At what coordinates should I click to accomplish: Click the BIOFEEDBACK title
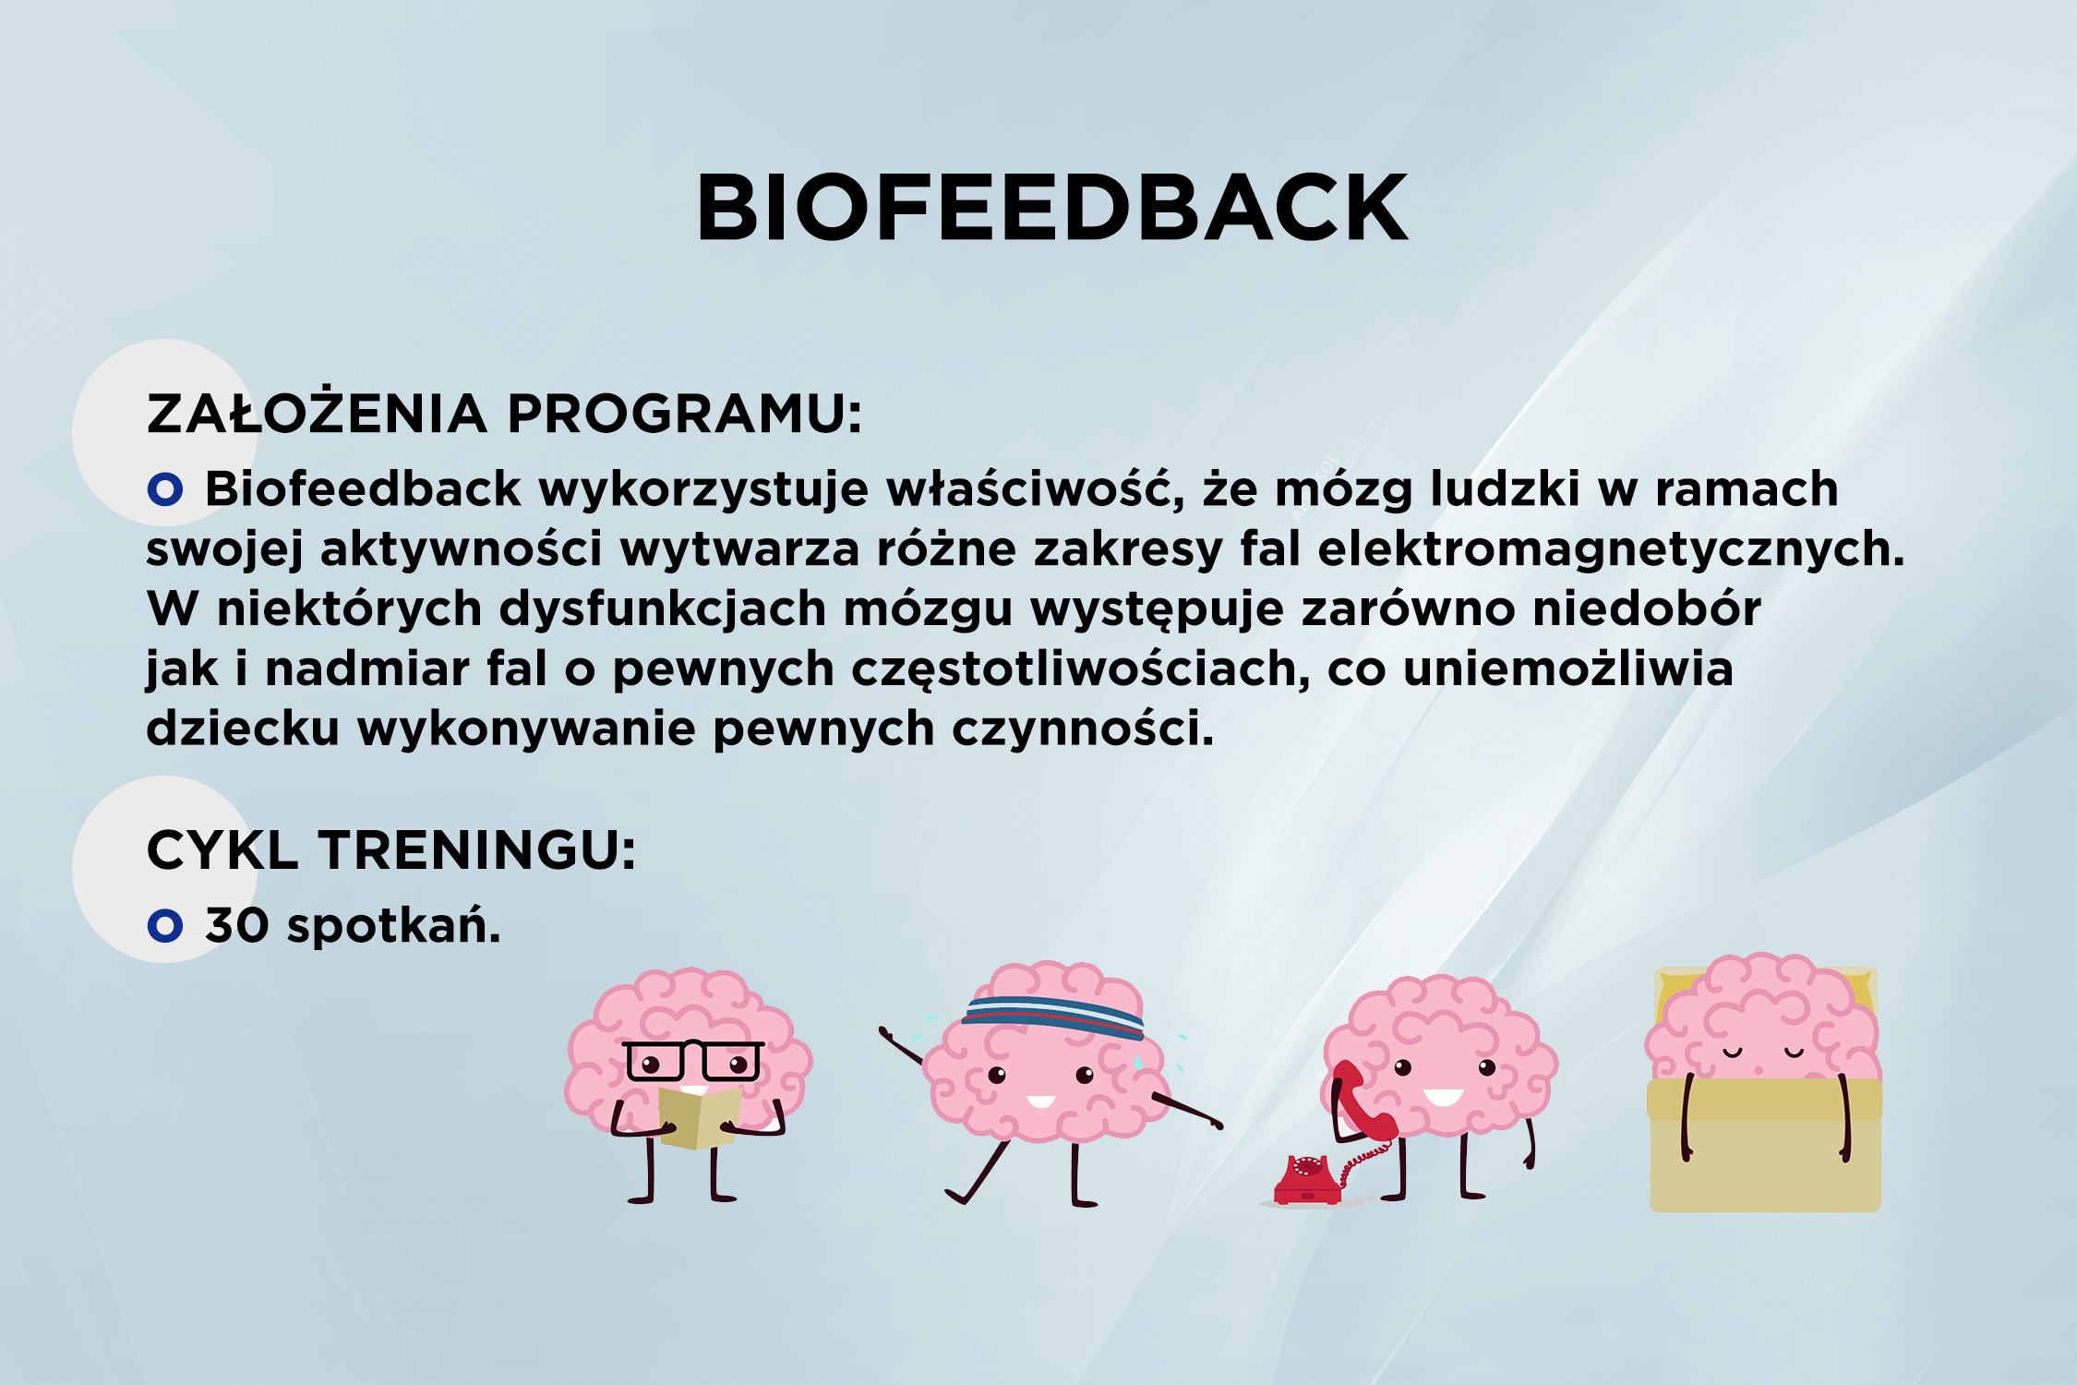coord(1051,208)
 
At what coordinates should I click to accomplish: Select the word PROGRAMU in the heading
coord(684,414)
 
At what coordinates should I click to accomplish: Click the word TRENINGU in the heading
coord(477,849)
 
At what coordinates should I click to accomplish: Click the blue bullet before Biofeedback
coord(165,488)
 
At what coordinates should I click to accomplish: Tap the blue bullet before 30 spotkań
coord(165,925)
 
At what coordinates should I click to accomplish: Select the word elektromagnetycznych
coord(1611,550)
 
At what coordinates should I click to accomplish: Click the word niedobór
coord(1646,608)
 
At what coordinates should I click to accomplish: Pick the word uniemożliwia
coord(1567,668)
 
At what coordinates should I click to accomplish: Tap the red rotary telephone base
coord(1307,1179)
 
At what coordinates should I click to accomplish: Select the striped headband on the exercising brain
coord(1053,1015)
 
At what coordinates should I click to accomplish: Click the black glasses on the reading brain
coord(692,1061)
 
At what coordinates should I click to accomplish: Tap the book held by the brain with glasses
coord(699,1118)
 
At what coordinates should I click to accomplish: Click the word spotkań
coord(393,925)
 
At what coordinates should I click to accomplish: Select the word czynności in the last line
coord(1083,729)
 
